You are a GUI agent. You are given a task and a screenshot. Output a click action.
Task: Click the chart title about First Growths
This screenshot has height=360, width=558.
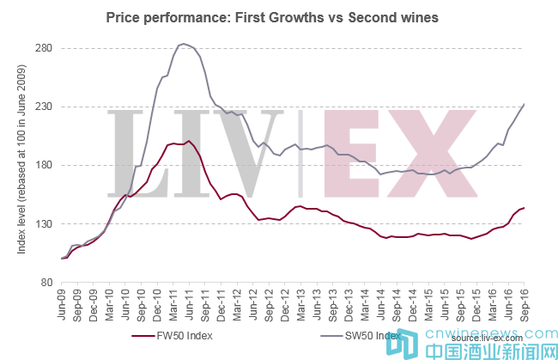tap(272, 16)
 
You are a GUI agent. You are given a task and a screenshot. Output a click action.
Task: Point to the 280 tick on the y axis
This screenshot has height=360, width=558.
tap(45, 48)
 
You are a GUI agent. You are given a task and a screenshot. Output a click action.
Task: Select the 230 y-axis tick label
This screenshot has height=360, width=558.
tap(45, 107)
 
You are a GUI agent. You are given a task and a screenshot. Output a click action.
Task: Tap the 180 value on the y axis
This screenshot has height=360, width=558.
tap(45, 165)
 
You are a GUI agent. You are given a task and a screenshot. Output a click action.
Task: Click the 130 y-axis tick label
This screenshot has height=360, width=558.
tap(45, 223)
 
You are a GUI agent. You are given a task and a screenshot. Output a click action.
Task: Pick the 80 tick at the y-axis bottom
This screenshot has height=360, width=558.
tap(47, 282)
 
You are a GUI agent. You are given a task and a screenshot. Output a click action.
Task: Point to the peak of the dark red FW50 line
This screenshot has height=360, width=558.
tap(189, 141)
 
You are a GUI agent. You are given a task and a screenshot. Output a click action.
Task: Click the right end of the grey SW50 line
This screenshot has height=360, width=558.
tap(524, 105)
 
